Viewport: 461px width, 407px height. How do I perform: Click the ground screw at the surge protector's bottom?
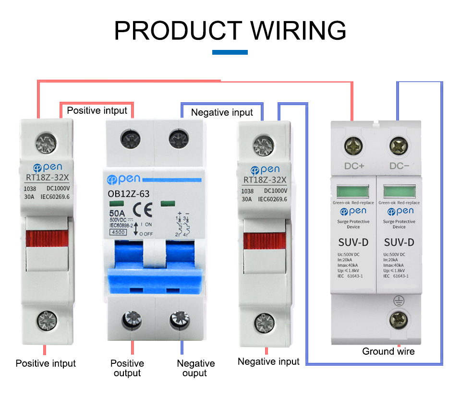(399, 319)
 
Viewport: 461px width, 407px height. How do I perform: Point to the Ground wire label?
(388, 351)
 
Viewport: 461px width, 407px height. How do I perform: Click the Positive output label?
(127, 368)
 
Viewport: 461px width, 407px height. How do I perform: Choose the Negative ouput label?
(195, 368)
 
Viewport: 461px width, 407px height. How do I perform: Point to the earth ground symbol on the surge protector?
(399, 301)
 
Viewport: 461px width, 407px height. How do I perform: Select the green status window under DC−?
(399, 191)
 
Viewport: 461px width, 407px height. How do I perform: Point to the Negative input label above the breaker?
(222, 112)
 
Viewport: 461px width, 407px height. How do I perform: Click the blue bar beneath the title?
(230, 52)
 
